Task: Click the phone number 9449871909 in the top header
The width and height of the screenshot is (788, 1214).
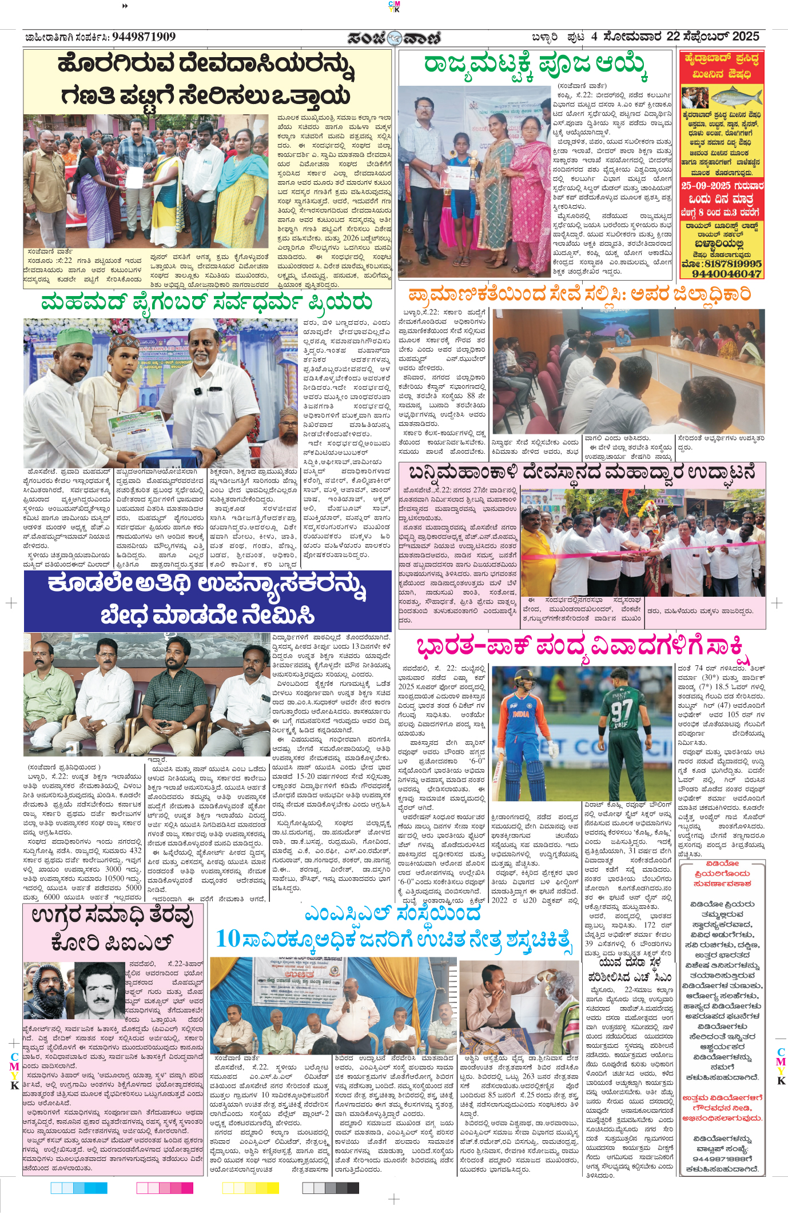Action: [x=144, y=37]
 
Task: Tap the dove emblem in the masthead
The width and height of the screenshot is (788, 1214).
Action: [x=394, y=38]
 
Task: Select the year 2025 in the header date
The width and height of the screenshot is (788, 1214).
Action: [x=745, y=37]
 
